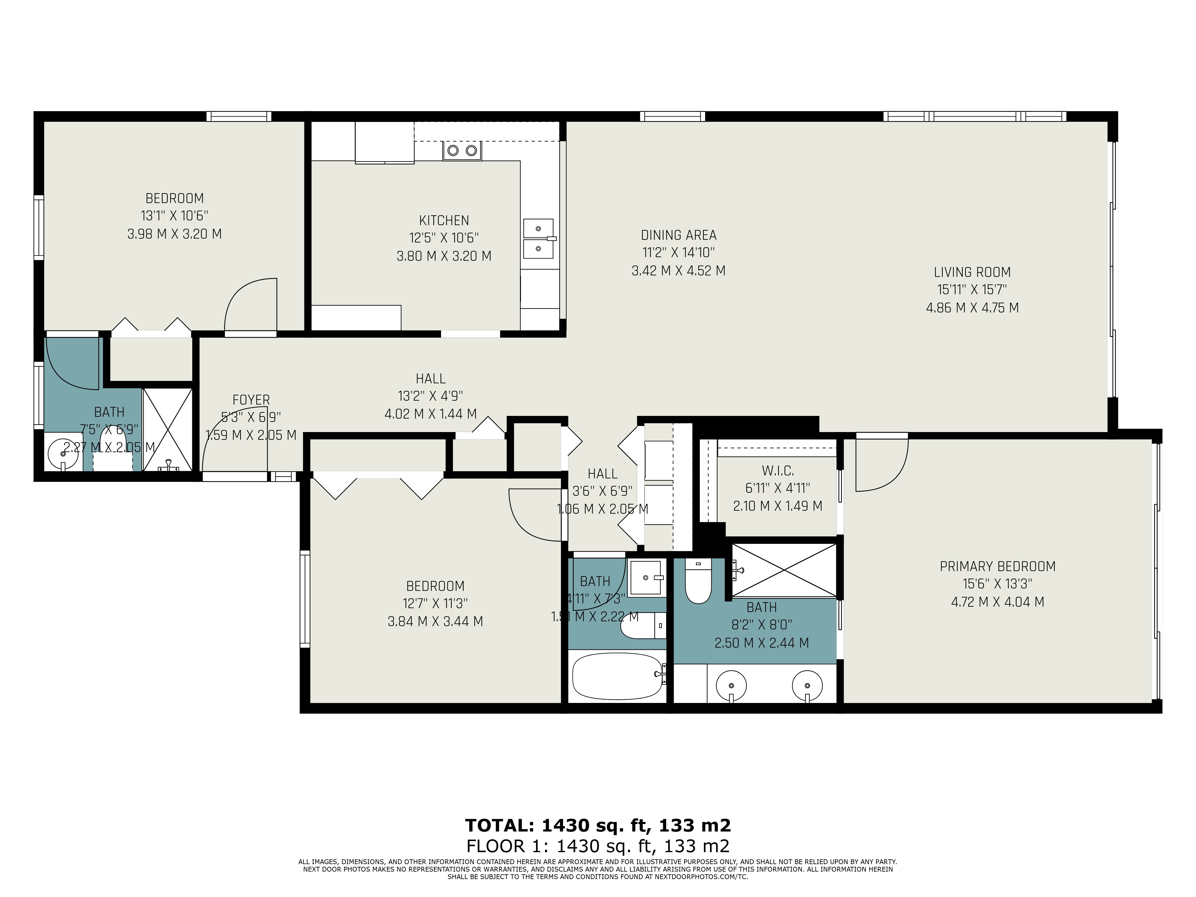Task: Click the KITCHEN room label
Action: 444,221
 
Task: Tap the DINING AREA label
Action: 678,235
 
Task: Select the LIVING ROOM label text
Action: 972,272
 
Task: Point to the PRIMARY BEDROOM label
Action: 997,567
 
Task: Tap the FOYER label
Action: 251,400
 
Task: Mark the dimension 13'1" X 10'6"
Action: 174,216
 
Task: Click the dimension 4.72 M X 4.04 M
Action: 997,602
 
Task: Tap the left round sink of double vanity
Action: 731,686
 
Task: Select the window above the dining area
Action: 673,116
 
